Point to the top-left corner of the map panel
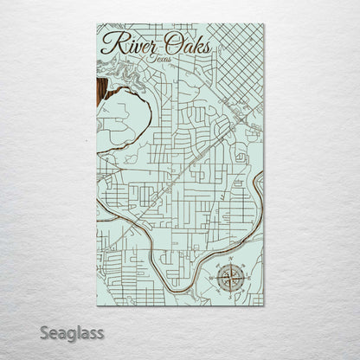point(97,24)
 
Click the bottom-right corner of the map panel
point(264,306)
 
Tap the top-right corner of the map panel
point(264,24)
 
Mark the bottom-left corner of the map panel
point(97,306)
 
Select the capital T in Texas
point(151,57)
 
